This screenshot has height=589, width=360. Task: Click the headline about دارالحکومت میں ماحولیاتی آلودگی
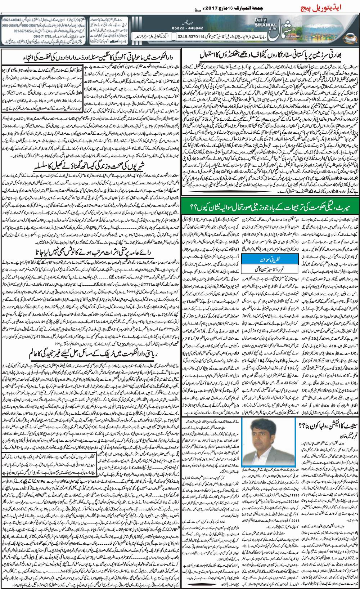(92, 55)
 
